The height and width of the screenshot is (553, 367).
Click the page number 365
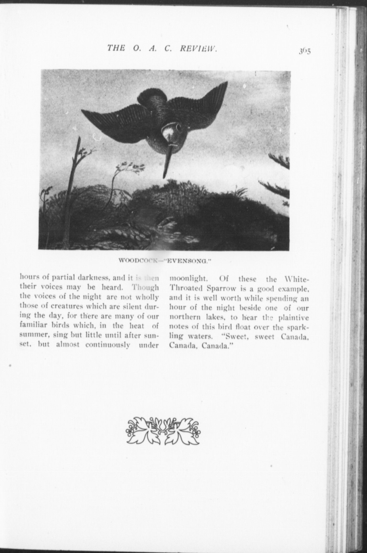[304, 51]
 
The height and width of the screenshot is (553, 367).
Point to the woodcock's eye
[179, 127]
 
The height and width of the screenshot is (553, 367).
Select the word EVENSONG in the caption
[188, 261]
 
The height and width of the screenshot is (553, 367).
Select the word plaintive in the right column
[294, 318]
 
